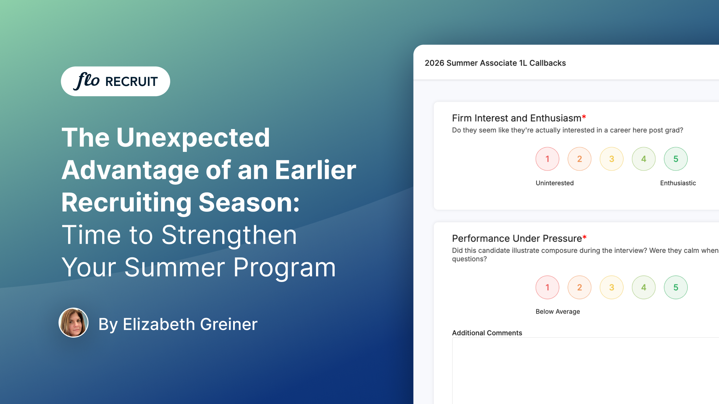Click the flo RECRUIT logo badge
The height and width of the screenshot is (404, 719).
116,81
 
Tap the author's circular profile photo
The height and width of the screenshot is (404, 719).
73,323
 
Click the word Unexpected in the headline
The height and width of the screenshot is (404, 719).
193,137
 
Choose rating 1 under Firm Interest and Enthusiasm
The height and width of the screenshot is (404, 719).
547,159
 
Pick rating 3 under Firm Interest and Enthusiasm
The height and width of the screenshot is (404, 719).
612,159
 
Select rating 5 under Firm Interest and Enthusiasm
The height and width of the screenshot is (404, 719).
676,159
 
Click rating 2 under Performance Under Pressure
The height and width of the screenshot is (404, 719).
580,288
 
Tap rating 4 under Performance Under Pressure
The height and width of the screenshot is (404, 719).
644,288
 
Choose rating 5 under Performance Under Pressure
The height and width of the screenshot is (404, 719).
676,288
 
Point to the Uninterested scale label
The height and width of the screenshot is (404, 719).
555,183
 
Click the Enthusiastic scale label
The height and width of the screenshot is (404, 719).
678,183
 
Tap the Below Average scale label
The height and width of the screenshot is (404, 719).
558,312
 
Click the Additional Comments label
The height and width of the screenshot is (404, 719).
487,333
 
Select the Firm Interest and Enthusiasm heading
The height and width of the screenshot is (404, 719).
517,118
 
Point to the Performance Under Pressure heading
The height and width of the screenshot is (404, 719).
517,238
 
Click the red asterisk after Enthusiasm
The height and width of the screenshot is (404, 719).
584,116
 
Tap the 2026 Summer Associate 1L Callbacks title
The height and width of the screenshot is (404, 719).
495,63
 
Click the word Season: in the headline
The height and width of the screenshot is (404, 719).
249,203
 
